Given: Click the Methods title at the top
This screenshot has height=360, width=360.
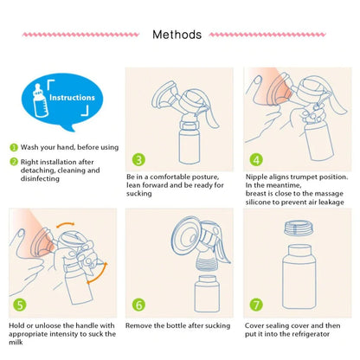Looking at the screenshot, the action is [x=177, y=35].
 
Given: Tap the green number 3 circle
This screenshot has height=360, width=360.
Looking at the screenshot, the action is [x=138, y=159].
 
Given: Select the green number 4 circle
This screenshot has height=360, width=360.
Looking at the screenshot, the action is [x=256, y=159].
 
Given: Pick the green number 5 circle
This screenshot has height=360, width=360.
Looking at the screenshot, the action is [x=20, y=305].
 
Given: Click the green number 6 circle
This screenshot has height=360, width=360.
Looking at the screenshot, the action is [x=138, y=305].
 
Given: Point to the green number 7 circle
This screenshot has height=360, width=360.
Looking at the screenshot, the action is [x=256, y=305].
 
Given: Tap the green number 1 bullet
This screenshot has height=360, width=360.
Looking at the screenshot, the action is [x=14, y=147].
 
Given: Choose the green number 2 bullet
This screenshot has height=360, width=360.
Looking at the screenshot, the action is [x=14, y=162].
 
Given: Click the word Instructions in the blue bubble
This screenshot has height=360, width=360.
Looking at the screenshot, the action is [x=72, y=98].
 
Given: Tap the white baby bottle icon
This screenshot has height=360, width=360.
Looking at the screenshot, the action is [x=39, y=100].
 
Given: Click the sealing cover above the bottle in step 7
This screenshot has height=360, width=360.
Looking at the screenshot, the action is [x=299, y=228].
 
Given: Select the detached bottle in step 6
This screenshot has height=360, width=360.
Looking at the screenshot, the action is [x=207, y=293].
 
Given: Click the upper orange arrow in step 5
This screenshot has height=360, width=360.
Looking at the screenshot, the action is [x=65, y=224].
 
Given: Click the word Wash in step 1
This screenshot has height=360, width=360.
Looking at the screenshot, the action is [x=29, y=147].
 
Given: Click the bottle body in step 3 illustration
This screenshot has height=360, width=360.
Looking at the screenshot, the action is [x=190, y=147].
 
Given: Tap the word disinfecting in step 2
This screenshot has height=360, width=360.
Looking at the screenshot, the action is [x=40, y=179].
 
